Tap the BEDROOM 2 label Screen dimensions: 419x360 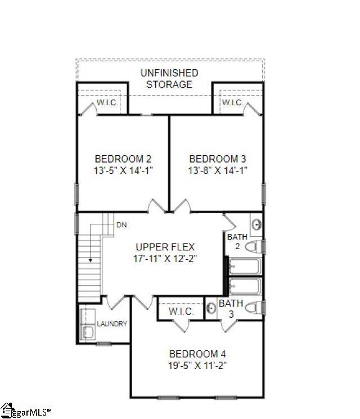pyautogui.click(x=123, y=159)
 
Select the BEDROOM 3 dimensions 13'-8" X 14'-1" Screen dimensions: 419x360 pyautogui.click(x=218, y=170)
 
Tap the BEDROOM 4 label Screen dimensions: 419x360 pyautogui.click(x=197, y=354)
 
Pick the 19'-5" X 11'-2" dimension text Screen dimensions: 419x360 pyautogui.click(x=197, y=365)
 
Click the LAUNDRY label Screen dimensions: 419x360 pyautogui.click(x=112, y=324)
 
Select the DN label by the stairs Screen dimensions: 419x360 pyautogui.click(x=121, y=225)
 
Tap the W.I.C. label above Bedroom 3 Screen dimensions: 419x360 pyautogui.click(x=232, y=103)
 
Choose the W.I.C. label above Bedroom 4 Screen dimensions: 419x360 pyautogui.click(x=181, y=311)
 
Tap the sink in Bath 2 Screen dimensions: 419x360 pyautogui.click(x=256, y=224)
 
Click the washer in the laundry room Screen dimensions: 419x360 pyautogui.click(x=88, y=332)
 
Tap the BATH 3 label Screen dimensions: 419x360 pyautogui.click(x=231, y=308)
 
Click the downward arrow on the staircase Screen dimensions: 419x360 pyautogui.click(x=90, y=260)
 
